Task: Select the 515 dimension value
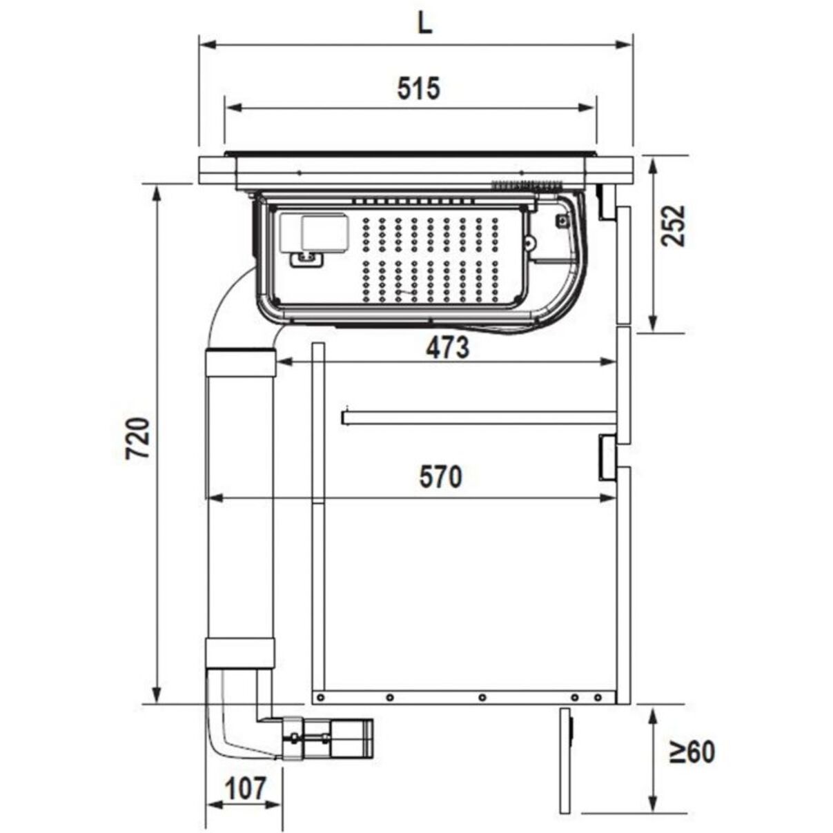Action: coord(418,88)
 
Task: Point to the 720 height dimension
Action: coord(138,438)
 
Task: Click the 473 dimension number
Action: coord(448,347)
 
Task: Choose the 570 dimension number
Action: coord(441,477)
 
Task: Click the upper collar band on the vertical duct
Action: coord(240,362)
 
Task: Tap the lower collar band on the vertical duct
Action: coord(239,653)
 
